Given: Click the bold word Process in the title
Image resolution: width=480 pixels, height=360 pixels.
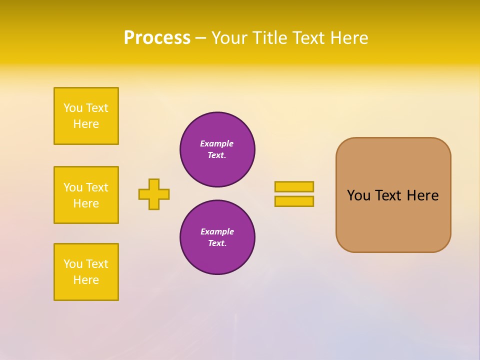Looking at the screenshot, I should click(x=157, y=38).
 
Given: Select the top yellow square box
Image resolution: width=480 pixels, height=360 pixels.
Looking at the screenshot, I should click(x=86, y=116).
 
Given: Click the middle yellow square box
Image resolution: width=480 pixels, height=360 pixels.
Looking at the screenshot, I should click(x=86, y=195).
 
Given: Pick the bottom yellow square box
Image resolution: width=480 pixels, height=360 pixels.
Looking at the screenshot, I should click(x=86, y=272).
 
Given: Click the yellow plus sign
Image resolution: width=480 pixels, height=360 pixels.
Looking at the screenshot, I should click(x=154, y=194).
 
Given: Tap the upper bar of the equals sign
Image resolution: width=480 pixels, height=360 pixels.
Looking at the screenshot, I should click(x=294, y=186).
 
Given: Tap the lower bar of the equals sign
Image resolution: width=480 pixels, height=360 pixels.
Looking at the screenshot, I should click(x=294, y=201).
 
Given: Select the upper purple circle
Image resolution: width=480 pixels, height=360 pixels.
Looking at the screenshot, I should click(x=217, y=149).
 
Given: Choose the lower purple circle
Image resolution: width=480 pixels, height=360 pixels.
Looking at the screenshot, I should click(x=217, y=237).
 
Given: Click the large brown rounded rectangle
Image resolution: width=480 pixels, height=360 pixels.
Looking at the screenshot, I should click(x=393, y=195).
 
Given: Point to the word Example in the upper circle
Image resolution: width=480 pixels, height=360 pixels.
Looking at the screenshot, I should click(x=216, y=143).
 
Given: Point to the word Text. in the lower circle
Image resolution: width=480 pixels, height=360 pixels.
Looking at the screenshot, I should click(x=217, y=243).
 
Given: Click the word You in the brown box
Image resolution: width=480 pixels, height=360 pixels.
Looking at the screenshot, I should click(x=358, y=195).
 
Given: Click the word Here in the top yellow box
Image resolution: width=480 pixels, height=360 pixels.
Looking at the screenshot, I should click(x=86, y=124).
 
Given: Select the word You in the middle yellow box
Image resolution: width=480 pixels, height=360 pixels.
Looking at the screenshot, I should click(x=73, y=187).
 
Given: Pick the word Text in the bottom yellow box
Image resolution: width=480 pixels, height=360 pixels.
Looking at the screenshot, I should click(x=97, y=264).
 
